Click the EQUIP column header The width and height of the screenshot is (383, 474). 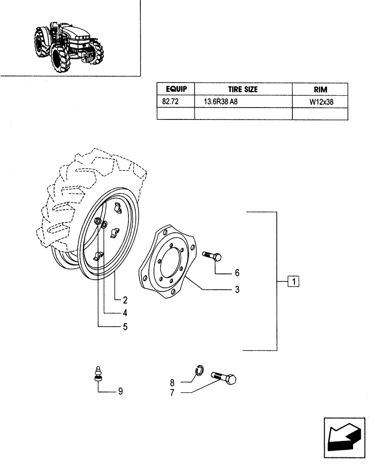(x=176, y=89)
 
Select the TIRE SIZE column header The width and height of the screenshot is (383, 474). (x=244, y=89)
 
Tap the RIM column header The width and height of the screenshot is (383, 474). (x=320, y=89)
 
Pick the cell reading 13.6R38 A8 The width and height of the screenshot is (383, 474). (x=221, y=101)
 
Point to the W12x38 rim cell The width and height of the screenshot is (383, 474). (x=320, y=101)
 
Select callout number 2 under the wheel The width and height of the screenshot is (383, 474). (x=125, y=300)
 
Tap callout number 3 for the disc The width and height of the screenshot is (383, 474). (x=236, y=289)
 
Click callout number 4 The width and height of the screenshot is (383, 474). (x=125, y=313)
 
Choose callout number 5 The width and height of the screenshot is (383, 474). (x=125, y=327)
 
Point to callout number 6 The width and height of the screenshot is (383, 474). (x=237, y=273)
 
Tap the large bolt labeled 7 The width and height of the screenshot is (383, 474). (x=225, y=378)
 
